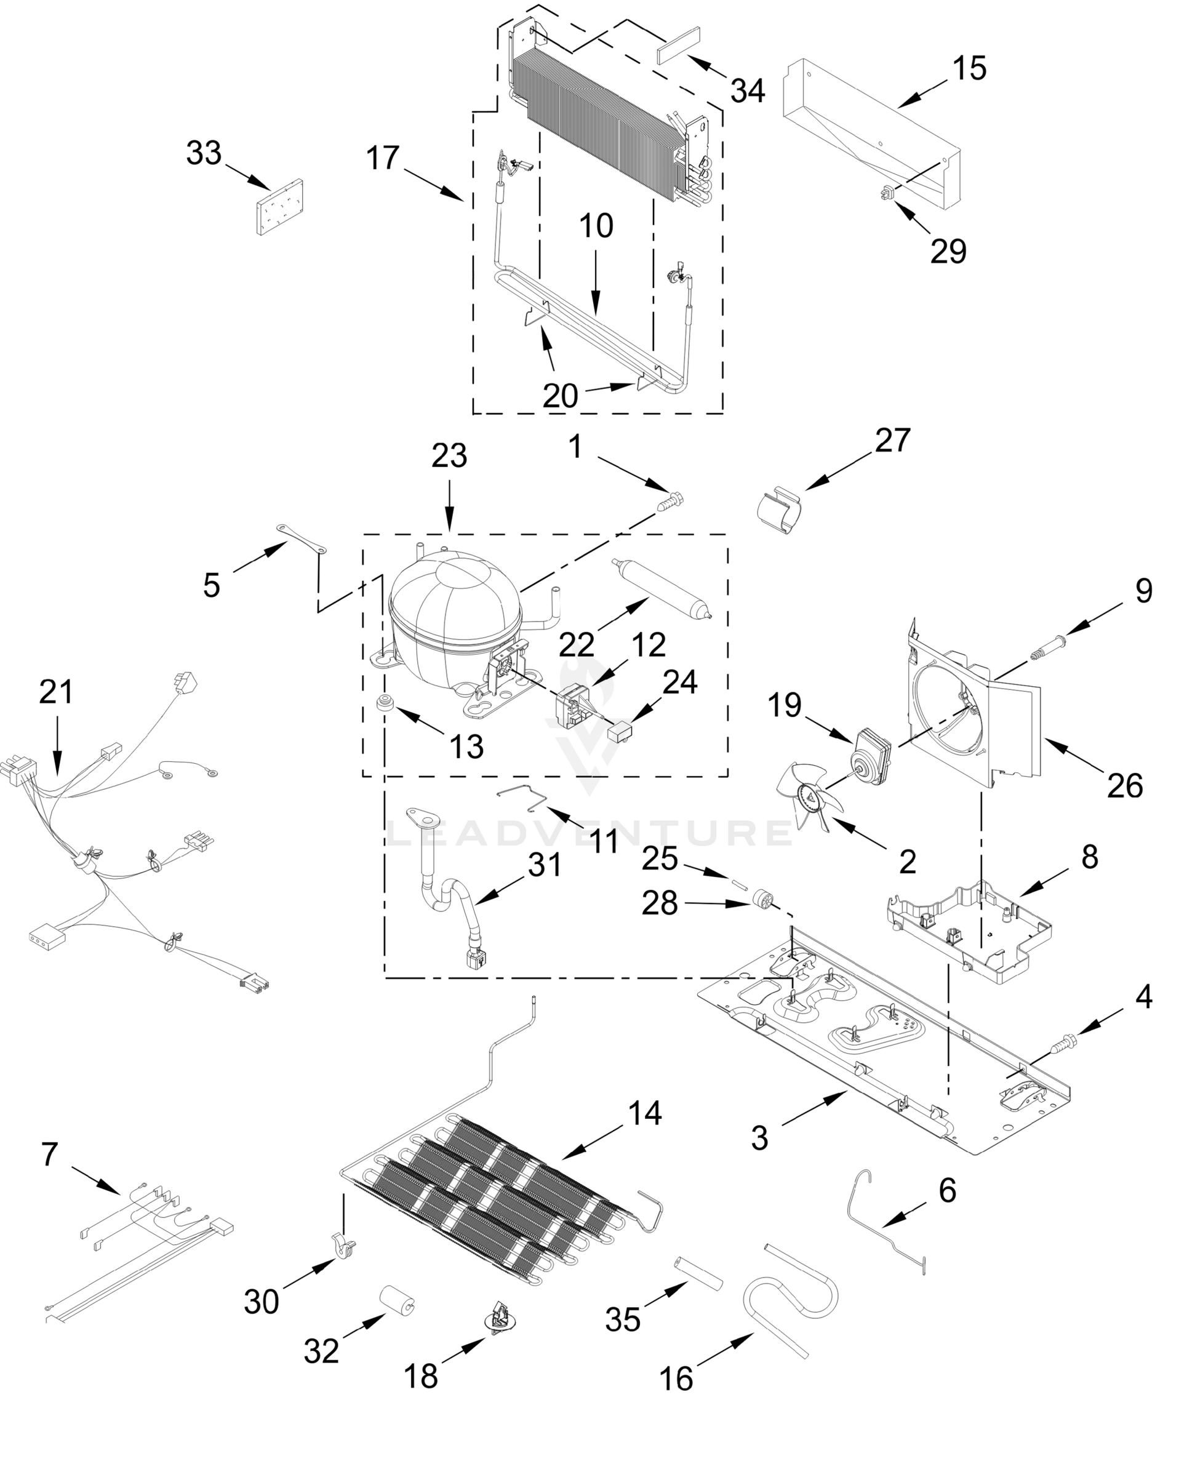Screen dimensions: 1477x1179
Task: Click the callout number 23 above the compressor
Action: pyautogui.click(x=449, y=456)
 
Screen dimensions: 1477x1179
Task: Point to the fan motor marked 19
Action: pyautogui.click(x=870, y=758)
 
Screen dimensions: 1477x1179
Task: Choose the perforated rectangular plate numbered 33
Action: pyautogui.click(x=279, y=207)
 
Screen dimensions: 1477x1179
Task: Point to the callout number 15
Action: pyautogui.click(x=969, y=69)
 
